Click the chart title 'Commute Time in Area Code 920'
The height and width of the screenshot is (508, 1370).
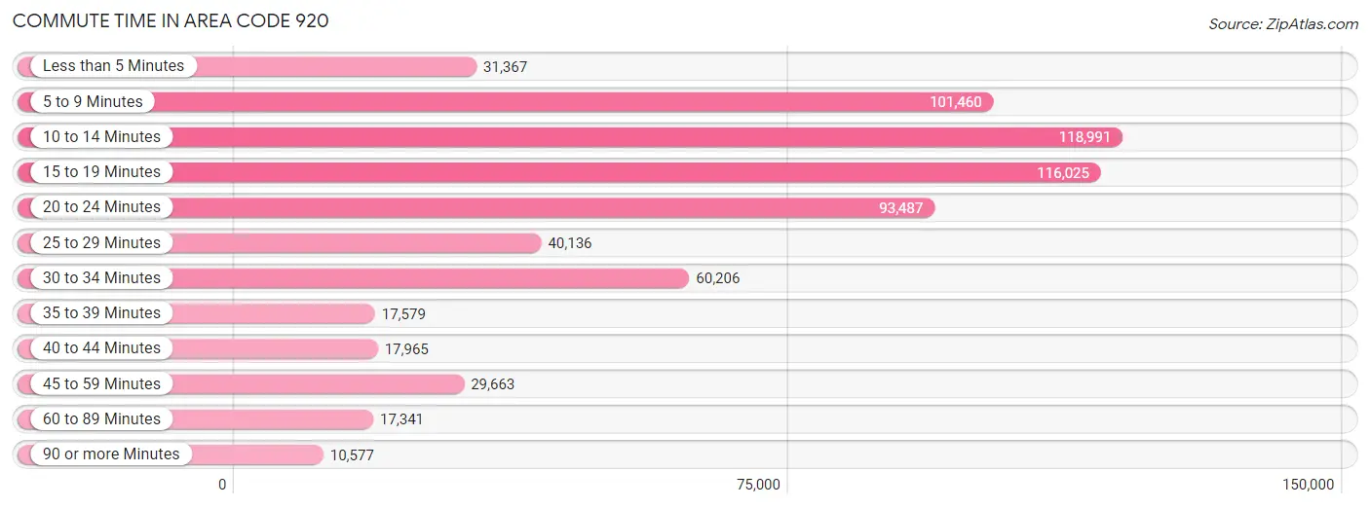[171, 20]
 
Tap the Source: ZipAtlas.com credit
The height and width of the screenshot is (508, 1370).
[1283, 23]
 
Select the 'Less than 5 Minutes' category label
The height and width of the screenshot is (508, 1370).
[113, 66]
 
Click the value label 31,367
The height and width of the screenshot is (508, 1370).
[505, 66]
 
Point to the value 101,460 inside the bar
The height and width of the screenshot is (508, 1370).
[955, 102]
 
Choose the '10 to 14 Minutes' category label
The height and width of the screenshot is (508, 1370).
[101, 137]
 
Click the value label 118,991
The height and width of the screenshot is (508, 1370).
[1085, 137]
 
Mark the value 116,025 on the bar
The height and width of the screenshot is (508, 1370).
[1063, 173]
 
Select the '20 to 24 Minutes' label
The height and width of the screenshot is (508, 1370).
[101, 207]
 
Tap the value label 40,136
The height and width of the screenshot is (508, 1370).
[570, 243]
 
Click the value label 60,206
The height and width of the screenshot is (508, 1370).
[718, 278]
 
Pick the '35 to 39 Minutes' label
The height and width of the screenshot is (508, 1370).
[101, 312]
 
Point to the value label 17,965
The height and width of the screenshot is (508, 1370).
[406, 349]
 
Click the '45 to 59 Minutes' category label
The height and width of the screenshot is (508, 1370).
[101, 383]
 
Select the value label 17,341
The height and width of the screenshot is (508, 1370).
[401, 419]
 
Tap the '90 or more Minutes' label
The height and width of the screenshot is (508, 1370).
[111, 454]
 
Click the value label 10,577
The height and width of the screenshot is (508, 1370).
[353, 454]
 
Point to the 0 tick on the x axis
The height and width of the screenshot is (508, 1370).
[222, 485]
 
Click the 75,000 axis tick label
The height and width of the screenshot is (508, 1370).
[758, 485]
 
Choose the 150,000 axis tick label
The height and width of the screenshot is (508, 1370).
[1309, 485]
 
